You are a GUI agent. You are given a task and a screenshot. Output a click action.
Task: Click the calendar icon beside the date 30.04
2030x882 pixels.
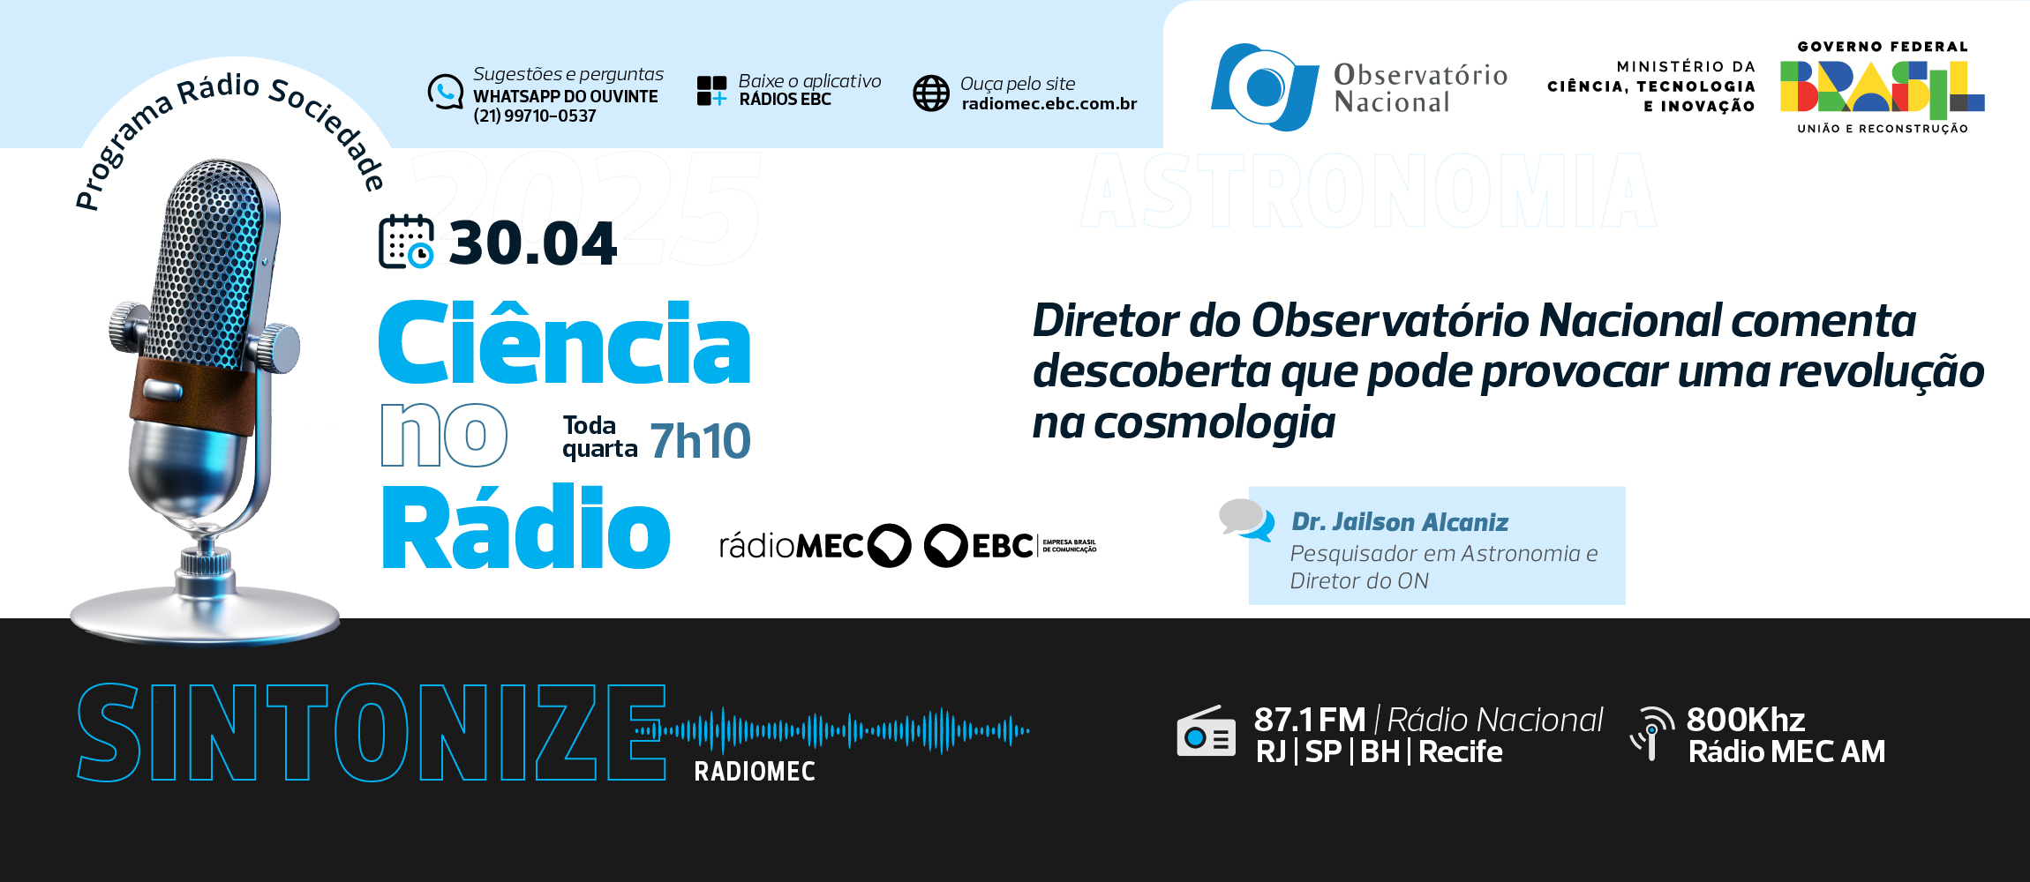coord(406,241)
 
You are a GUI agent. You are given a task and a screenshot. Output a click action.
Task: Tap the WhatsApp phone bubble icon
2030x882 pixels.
coord(446,92)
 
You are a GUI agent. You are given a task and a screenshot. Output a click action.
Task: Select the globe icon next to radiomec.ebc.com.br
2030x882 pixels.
coord(931,93)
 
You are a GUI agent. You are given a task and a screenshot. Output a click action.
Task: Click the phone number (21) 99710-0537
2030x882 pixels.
coord(535,116)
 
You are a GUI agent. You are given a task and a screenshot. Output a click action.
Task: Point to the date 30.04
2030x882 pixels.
coord(532,243)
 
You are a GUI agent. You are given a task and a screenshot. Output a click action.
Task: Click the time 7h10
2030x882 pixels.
coord(700,441)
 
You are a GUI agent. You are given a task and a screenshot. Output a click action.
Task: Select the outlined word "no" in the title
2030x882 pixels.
coord(444,435)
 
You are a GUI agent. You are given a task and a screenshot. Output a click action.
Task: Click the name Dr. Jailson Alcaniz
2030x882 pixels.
coord(1400,522)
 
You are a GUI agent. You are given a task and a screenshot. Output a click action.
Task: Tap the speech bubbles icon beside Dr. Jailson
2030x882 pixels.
coord(1246,519)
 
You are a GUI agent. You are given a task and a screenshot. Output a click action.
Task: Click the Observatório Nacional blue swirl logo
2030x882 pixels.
coord(1265,86)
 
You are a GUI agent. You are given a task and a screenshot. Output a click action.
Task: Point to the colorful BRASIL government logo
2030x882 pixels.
coord(1882,88)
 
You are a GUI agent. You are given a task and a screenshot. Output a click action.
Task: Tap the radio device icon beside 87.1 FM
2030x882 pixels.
coord(1206,731)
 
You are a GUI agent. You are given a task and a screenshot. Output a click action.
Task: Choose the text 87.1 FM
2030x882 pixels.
coord(1310,721)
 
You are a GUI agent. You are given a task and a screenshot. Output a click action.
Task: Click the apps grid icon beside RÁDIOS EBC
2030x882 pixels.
coord(712,91)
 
